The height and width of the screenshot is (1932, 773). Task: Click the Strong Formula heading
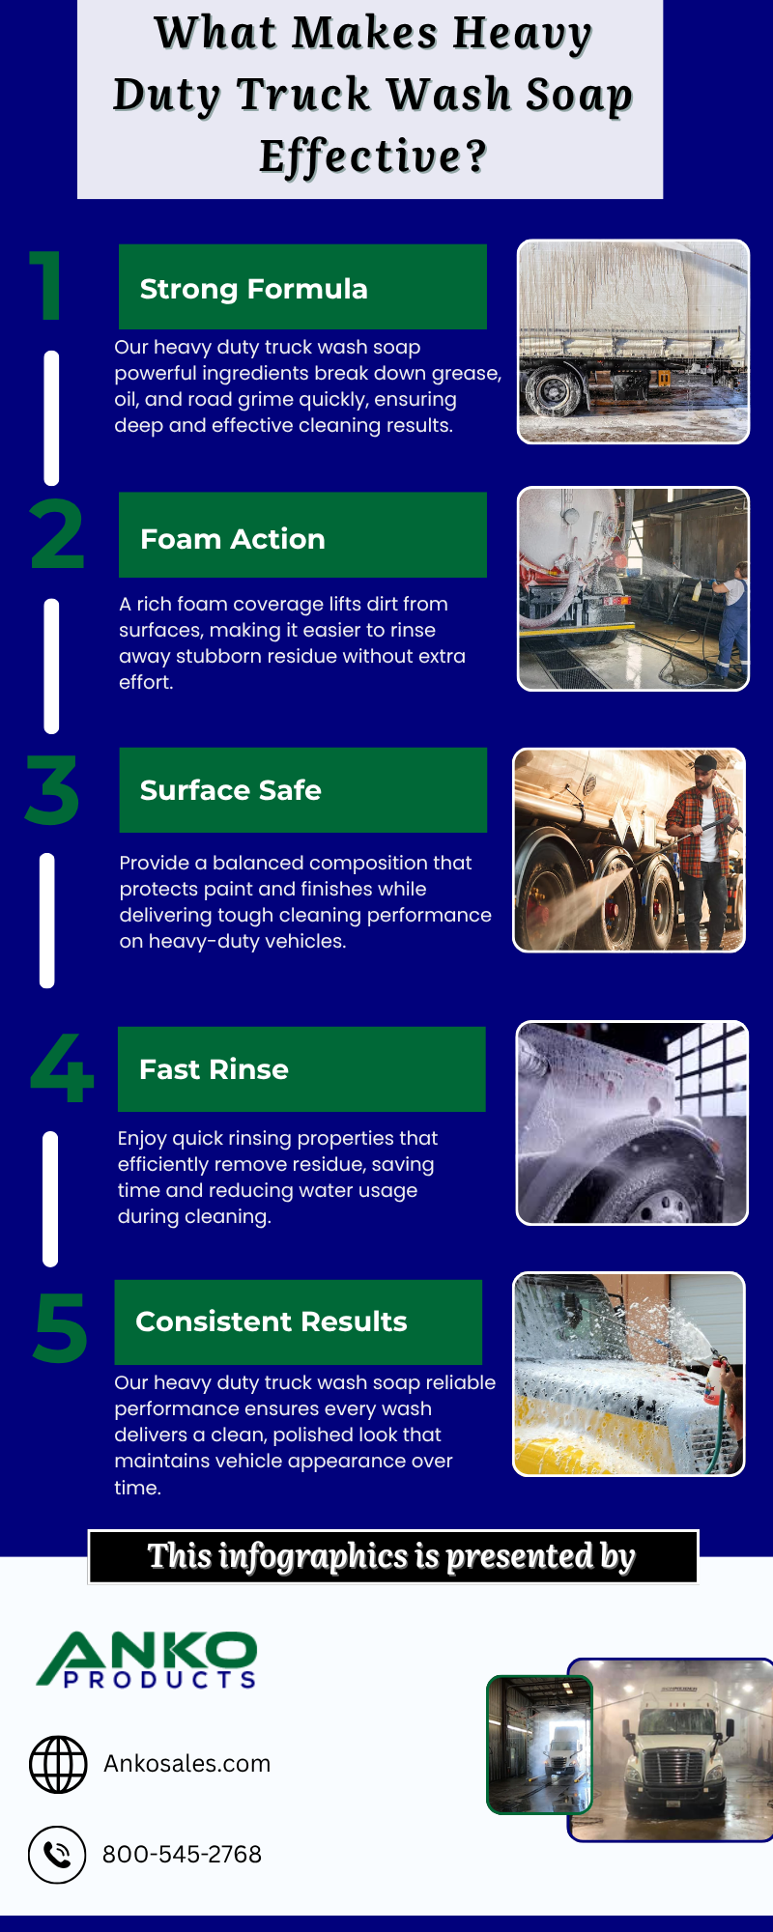(x=253, y=289)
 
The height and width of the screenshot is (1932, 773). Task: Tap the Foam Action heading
(x=232, y=538)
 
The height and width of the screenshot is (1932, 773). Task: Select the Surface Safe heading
(x=230, y=790)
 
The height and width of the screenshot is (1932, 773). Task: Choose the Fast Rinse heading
(x=214, y=1069)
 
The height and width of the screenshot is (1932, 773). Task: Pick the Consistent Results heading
(x=271, y=1321)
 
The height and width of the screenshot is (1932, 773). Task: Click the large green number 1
(x=46, y=285)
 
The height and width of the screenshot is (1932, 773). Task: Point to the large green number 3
(x=52, y=791)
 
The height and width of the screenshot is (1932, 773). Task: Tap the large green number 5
(x=60, y=1328)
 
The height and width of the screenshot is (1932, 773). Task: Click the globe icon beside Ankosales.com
(x=58, y=1764)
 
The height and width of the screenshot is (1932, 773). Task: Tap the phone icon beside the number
(x=57, y=1854)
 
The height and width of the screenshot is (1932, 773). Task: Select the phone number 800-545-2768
(x=182, y=1855)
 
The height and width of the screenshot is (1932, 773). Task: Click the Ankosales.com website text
(x=186, y=1764)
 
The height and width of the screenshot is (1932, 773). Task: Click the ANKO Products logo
(x=147, y=1660)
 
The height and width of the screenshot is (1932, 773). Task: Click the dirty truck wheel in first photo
(x=554, y=391)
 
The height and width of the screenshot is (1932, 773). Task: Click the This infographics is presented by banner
(x=392, y=1556)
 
